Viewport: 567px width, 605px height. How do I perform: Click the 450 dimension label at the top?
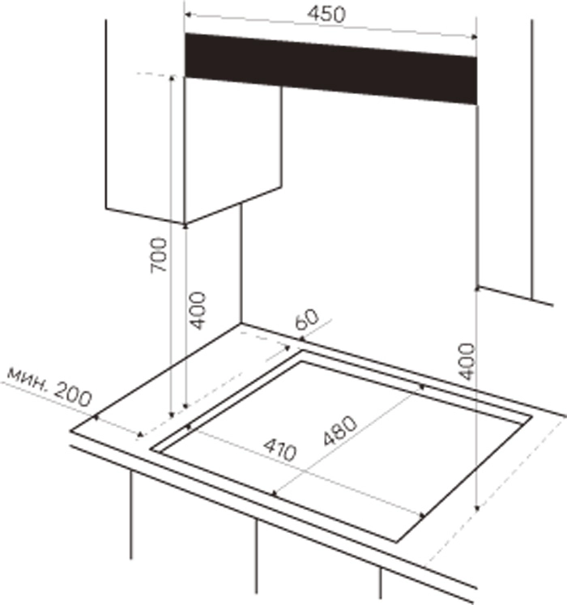(x=326, y=15)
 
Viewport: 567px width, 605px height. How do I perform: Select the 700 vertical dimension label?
(x=159, y=255)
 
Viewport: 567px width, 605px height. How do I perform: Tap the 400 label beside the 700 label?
(x=198, y=311)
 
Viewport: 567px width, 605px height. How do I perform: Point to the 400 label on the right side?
(x=467, y=361)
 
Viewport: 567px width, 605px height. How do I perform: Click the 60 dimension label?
(x=307, y=319)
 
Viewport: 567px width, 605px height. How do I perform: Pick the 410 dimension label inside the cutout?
(x=280, y=449)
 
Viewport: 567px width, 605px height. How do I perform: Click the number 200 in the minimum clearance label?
(x=73, y=394)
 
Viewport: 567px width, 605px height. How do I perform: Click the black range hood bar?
(x=330, y=69)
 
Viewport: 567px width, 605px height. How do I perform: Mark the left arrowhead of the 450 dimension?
(x=188, y=15)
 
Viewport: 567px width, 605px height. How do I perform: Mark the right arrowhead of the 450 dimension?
(x=474, y=37)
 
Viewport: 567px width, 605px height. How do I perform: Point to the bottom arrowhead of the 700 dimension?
(x=173, y=415)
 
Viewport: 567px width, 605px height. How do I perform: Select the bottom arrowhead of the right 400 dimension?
(x=477, y=508)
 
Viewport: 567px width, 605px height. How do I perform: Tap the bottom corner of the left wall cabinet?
(x=185, y=224)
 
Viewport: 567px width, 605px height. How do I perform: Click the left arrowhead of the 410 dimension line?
(x=190, y=427)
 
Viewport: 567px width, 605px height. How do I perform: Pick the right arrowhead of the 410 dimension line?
(x=422, y=515)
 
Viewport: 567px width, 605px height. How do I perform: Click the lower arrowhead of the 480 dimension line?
(x=275, y=493)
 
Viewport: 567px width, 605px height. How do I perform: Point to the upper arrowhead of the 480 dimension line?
(x=421, y=386)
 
